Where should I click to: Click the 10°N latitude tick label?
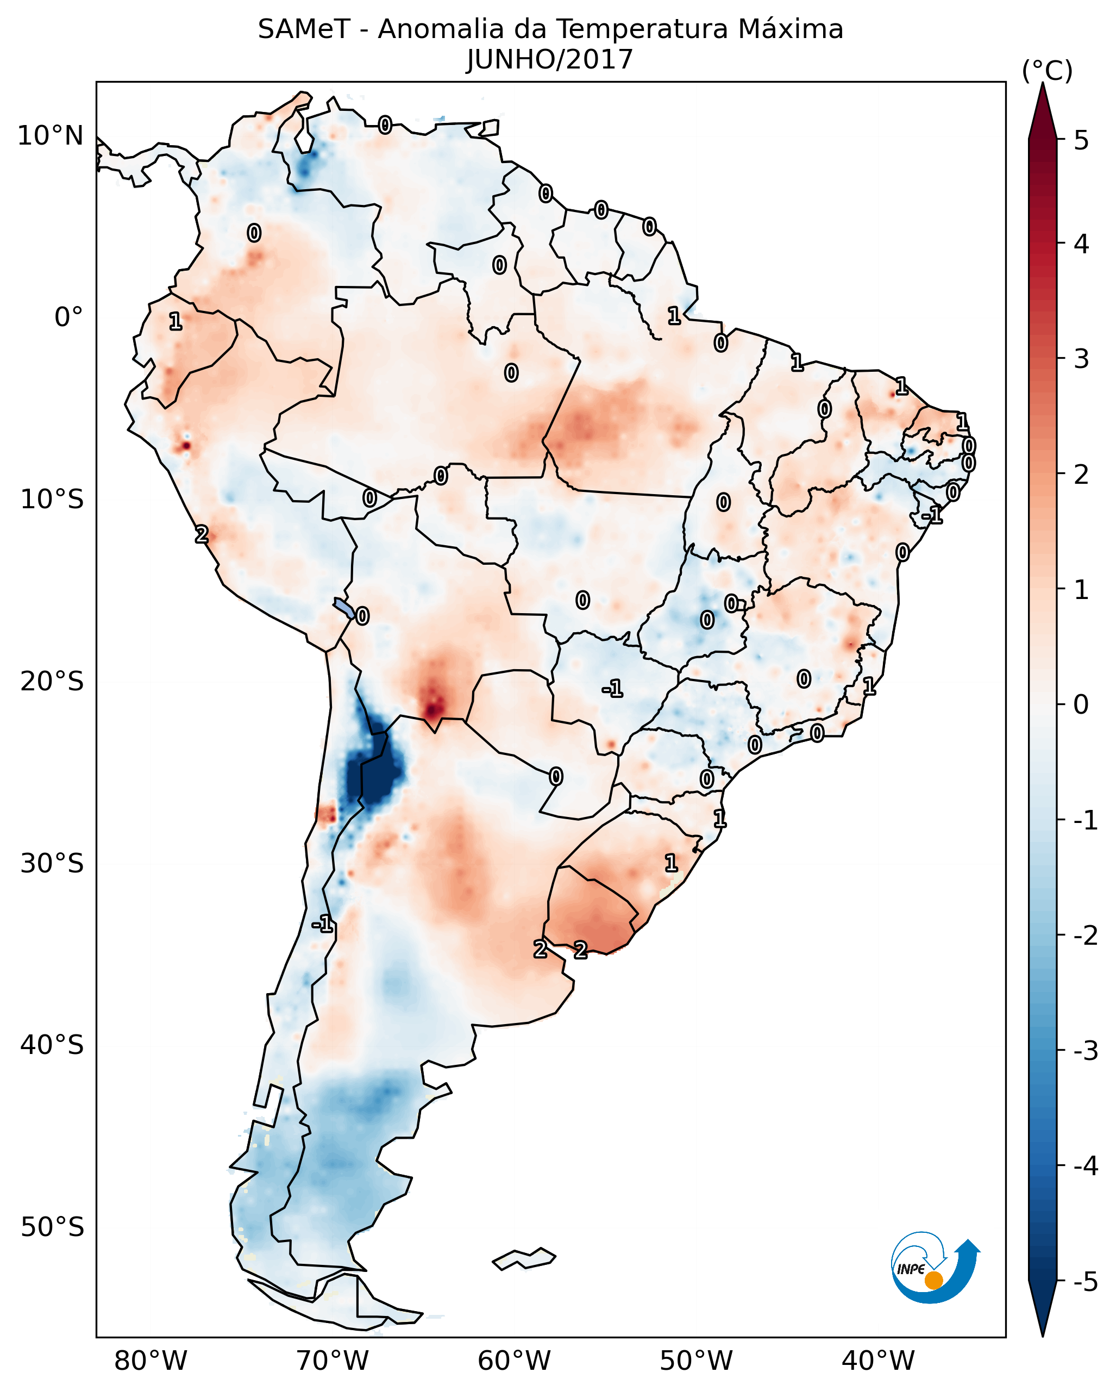pyautogui.click(x=51, y=136)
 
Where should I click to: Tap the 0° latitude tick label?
pyautogui.click(x=68, y=317)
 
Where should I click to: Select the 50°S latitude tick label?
pyautogui.click(x=52, y=1227)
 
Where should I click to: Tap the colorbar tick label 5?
pyautogui.click(x=1081, y=141)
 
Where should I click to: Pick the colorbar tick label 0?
pyautogui.click(x=1081, y=704)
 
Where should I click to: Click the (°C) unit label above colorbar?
pyautogui.click(x=1047, y=71)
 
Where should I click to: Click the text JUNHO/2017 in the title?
pyautogui.click(x=550, y=59)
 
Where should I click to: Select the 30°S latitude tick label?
pyautogui.click(x=52, y=863)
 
